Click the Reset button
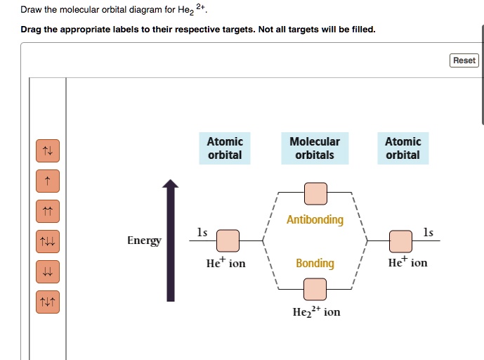point(464,60)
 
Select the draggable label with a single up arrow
point(48,181)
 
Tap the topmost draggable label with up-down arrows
point(48,150)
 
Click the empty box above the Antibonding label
point(315,193)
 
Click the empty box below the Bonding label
point(315,288)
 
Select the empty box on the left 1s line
point(228,241)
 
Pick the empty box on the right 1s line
point(400,241)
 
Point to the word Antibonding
point(315,220)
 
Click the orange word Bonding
point(315,263)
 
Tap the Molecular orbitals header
point(315,148)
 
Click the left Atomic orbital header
point(225,148)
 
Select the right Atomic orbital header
point(403,148)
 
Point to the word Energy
point(144,240)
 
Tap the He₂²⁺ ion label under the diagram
point(316,311)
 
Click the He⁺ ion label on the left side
point(225,263)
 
